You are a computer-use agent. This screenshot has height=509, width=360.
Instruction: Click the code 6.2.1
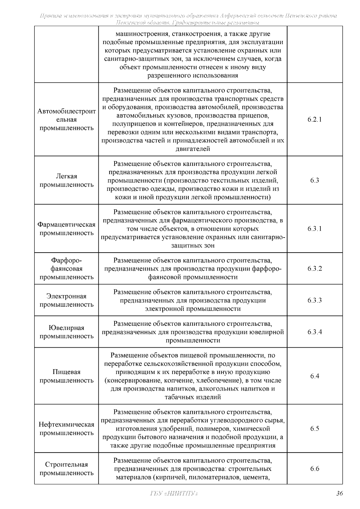point(314,119)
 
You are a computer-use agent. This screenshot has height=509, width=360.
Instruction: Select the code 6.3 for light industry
point(314,180)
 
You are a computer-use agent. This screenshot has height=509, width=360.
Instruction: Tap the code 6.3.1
point(314,229)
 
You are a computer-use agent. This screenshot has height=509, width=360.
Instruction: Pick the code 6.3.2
point(314,268)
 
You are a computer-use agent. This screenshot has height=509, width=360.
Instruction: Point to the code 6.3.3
point(314,300)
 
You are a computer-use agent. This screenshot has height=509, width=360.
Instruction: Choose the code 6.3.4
point(314,332)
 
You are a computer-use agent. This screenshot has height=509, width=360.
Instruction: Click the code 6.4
point(314,376)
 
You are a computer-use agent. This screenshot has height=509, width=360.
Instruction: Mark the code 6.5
point(314,429)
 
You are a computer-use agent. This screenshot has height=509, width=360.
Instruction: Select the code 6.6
point(314,469)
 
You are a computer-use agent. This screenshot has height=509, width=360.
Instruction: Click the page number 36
point(339,494)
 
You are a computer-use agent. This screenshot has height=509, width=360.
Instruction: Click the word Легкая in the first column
point(66,176)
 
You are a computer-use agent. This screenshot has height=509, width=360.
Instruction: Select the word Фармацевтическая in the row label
point(66,225)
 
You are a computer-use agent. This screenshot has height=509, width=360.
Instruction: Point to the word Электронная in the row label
point(66,296)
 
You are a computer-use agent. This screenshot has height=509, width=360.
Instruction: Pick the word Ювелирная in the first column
point(66,328)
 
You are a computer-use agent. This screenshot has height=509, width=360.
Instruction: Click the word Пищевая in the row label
point(66,372)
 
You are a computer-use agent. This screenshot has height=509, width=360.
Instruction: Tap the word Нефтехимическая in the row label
point(66,424)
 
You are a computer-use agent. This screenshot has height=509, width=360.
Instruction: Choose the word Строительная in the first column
point(66,464)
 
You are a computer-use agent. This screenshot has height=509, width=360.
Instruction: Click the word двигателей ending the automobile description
point(193,149)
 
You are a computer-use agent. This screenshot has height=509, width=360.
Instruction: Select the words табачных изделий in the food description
point(193,397)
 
